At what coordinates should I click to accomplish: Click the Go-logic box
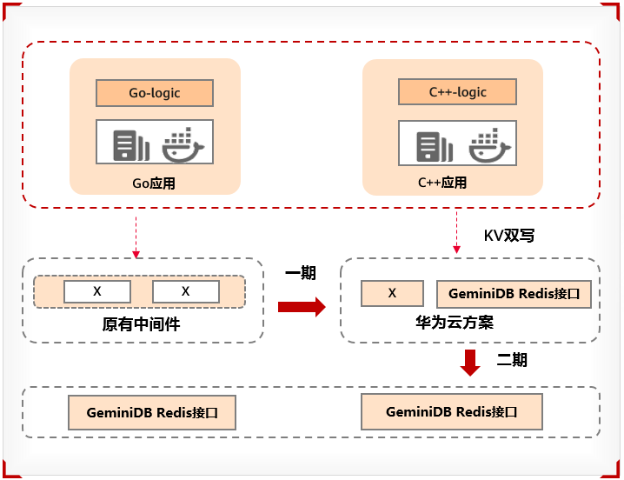[155, 93]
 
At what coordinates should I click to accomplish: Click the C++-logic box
[457, 92]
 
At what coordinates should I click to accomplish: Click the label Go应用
[154, 183]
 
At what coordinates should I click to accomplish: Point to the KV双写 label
[508, 236]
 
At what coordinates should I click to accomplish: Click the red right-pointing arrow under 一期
[301, 306]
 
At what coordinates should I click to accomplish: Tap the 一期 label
[300, 274]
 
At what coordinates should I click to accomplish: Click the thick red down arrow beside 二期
[470, 362]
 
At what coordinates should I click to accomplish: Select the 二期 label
[512, 359]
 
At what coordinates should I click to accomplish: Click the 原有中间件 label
[141, 325]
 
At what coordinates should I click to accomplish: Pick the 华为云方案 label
[455, 323]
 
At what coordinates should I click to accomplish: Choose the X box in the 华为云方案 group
[392, 293]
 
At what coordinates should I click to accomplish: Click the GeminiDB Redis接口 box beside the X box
[514, 294]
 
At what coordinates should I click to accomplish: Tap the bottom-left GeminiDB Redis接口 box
[152, 413]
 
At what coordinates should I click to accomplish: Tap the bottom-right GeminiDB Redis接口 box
[452, 411]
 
